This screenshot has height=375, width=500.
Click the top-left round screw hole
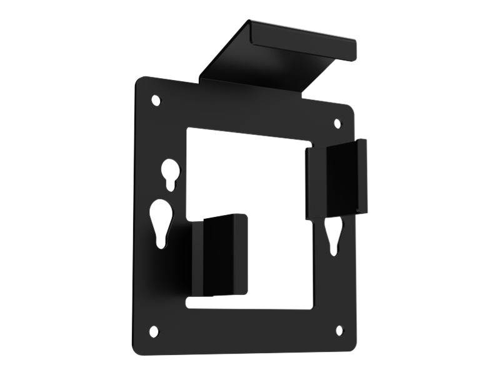click(156, 100)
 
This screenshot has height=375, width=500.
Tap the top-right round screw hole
click(337, 124)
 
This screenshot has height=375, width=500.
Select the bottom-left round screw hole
click(154, 332)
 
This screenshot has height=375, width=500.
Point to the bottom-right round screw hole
click(339, 330)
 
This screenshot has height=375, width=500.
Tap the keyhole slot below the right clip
click(334, 235)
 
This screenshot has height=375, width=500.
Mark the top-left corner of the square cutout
click(187, 129)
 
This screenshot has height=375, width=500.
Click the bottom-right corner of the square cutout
click(311, 307)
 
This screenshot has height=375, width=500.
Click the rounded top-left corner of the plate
click(139, 81)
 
